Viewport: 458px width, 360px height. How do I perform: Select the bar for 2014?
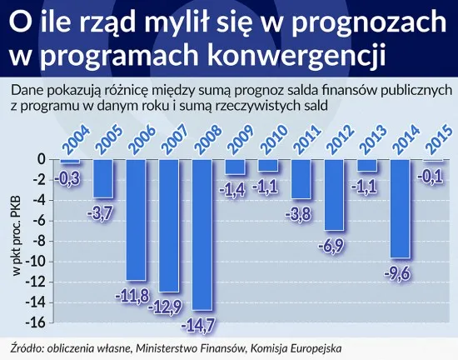[400, 200]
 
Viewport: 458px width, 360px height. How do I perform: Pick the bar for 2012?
[334, 187]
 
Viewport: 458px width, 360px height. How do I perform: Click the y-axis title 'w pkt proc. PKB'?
[14, 242]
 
